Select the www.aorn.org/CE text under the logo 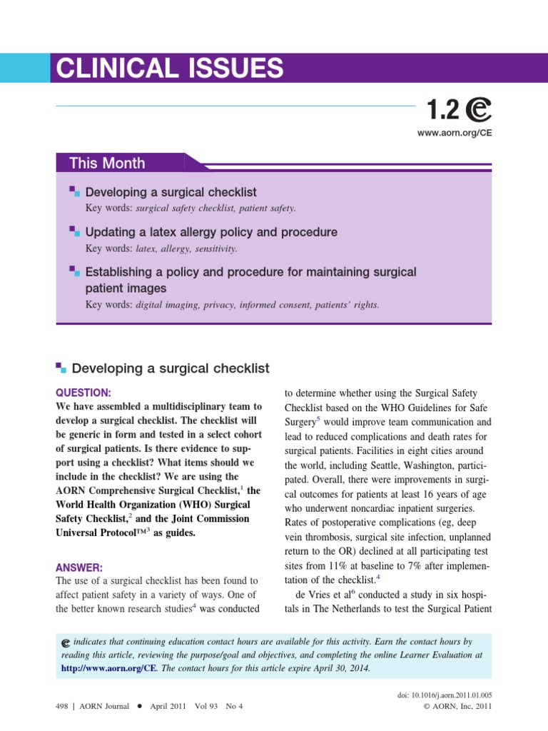click(455, 133)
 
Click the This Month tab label click(107, 163)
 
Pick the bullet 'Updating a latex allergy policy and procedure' click(211, 232)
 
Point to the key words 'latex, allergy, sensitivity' click(186, 248)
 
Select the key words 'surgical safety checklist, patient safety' click(215, 208)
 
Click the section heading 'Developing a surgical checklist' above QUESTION click(171, 368)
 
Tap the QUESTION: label click(83, 393)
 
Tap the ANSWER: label click(79, 568)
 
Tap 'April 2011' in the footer click(169, 707)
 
